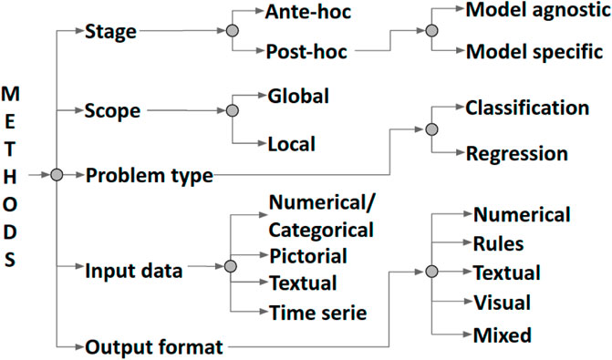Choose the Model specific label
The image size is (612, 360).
(x=533, y=52)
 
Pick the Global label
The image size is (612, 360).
(x=298, y=95)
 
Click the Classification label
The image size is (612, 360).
(x=526, y=108)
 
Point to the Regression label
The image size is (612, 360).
(x=517, y=154)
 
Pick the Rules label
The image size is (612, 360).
(x=499, y=243)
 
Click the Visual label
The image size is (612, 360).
(x=503, y=302)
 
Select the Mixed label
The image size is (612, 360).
(x=502, y=335)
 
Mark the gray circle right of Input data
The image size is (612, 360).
(x=232, y=269)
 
